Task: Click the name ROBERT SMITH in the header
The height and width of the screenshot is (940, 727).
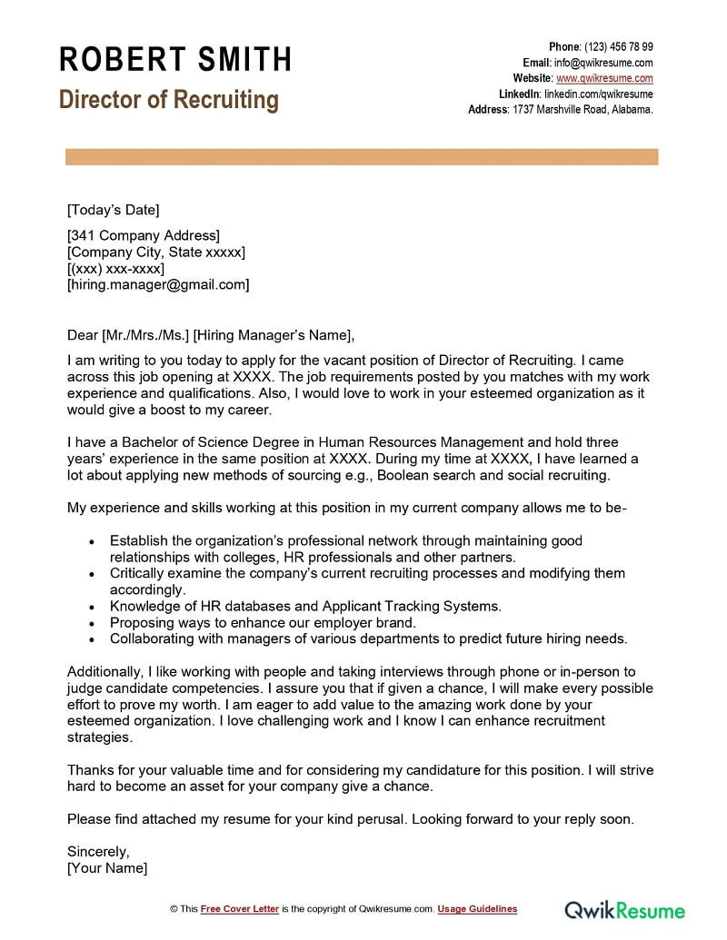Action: click(175, 59)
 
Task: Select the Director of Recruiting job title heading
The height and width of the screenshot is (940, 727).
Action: click(169, 99)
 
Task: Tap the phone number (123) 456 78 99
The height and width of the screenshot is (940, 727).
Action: click(619, 47)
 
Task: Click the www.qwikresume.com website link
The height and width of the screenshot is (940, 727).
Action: click(604, 78)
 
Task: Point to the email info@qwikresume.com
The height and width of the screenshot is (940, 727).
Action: click(603, 63)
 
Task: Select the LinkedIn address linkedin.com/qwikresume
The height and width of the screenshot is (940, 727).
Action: click(598, 94)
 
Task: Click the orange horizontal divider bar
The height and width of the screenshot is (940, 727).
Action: click(362, 158)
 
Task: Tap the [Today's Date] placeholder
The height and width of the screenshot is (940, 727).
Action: click(113, 210)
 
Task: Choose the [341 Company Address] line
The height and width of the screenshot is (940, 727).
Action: click(144, 236)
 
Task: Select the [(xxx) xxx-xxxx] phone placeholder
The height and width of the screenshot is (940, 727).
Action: click(115, 269)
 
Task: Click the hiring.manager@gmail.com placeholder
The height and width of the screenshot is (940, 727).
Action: click(158, 284)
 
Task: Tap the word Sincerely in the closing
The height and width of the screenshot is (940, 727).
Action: click(98, 852)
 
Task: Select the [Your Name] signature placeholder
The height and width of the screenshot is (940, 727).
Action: click(107, 868)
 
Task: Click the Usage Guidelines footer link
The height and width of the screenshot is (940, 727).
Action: click(477, 908)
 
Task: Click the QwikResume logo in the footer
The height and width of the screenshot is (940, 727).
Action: click(625, 908)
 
